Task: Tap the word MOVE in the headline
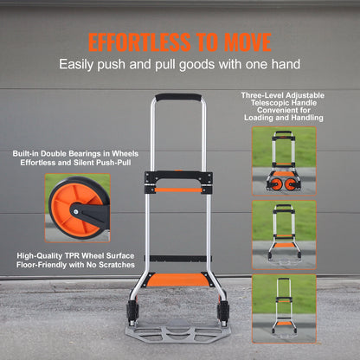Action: point(242,42)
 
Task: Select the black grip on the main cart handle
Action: point(178,97)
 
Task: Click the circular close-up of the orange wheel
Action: point(77,208)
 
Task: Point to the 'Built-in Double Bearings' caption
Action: point(76,153)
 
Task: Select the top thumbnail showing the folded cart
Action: point(283,160)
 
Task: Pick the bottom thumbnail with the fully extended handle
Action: point(283,305)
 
